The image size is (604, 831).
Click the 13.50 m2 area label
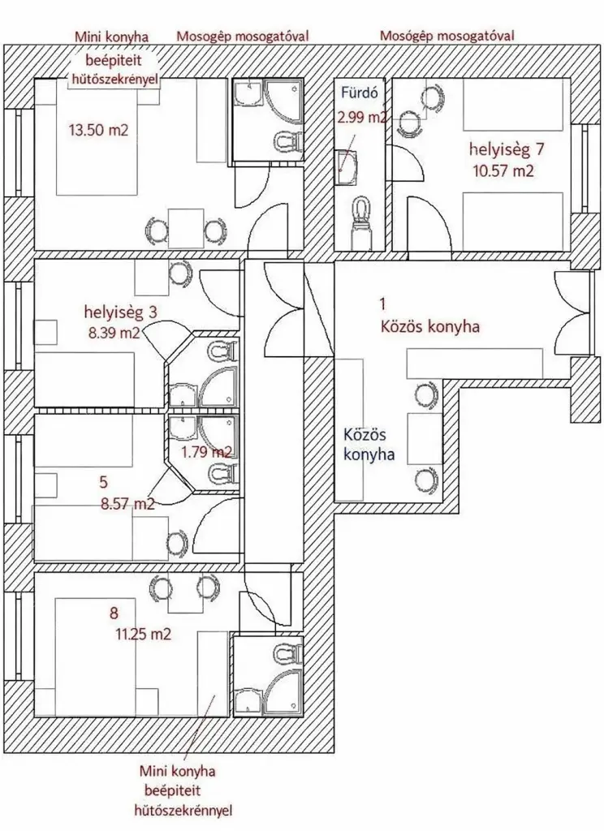coord(98,130)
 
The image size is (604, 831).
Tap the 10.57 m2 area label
coord(503,170)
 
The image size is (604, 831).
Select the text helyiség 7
coord(507,150)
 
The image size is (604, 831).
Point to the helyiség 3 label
coord(120,312)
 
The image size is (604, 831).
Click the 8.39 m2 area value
coord(114,333)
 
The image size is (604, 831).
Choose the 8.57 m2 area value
coord(127,503)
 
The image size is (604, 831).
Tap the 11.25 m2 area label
coord(143,634)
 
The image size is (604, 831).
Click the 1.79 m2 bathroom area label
coord(207,452)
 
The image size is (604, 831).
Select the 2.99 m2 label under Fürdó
coord(362,117)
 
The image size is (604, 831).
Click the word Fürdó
coord(359,93)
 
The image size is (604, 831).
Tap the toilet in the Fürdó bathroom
coord(362,220)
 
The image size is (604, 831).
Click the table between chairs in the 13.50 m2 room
coord(186,228)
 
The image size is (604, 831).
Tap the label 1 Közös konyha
coord(429,316)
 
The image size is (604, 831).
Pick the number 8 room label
coord(114,614)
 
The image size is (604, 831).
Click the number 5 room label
coord(103,482)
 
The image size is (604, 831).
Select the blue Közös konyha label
coord(369,445)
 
